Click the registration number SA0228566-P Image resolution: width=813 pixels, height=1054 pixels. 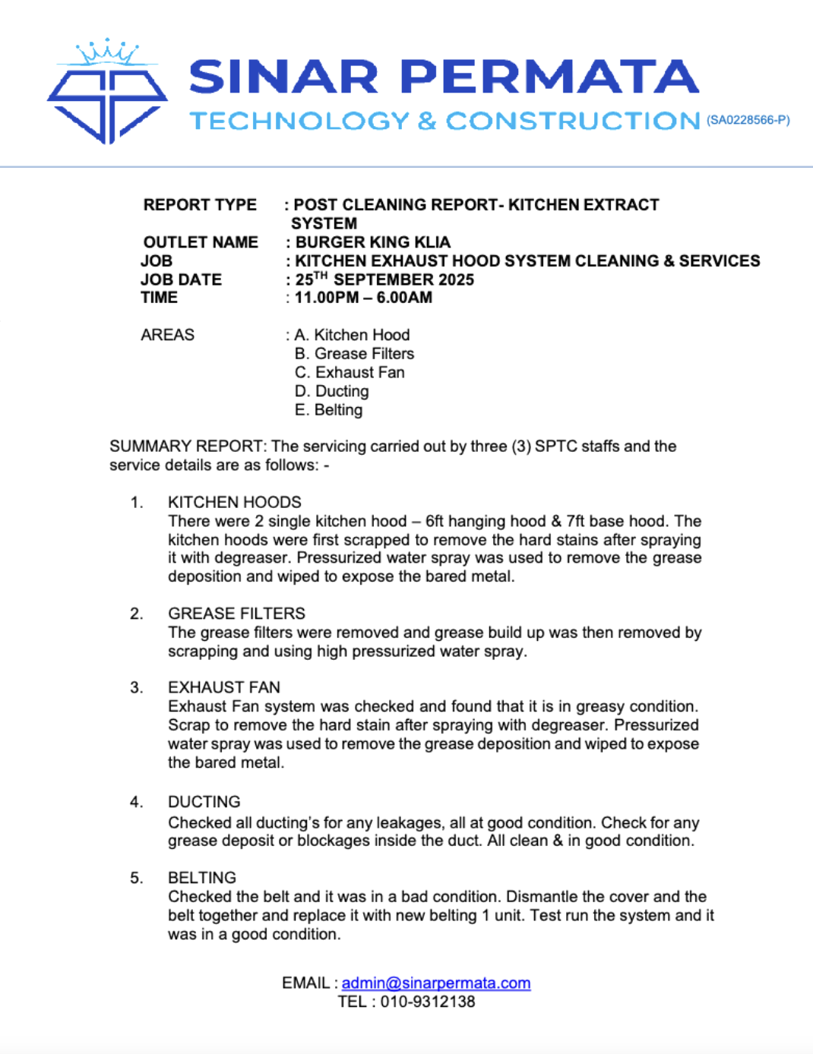point(748,120)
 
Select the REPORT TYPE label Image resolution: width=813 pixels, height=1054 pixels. point(200,205)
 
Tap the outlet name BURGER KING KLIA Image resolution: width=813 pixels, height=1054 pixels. point(372,242)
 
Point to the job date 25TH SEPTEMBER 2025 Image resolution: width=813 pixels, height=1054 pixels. point(384,279)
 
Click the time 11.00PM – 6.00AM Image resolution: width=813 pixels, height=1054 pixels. point(363,298)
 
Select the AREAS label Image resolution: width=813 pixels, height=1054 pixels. point(167,335)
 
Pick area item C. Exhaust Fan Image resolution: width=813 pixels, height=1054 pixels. point(350,373)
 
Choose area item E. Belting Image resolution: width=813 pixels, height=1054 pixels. point(328,410)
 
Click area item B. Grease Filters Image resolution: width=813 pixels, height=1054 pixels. point(354,354)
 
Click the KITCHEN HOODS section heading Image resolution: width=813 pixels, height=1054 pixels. point(235,503)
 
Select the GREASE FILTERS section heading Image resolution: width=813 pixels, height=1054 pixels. point(236,614)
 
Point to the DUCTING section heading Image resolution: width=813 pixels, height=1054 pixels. point(204,802)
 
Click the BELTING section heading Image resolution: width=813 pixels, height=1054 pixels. point(202,878)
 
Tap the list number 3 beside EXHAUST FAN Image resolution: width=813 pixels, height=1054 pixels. point(136,688)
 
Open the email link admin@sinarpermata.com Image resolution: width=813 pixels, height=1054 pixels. point(436,983)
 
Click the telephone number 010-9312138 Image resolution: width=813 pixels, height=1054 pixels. point(428,1002)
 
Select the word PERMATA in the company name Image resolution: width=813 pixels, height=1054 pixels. point(549,77)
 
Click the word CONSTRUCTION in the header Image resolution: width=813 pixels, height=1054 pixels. point(573,121)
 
